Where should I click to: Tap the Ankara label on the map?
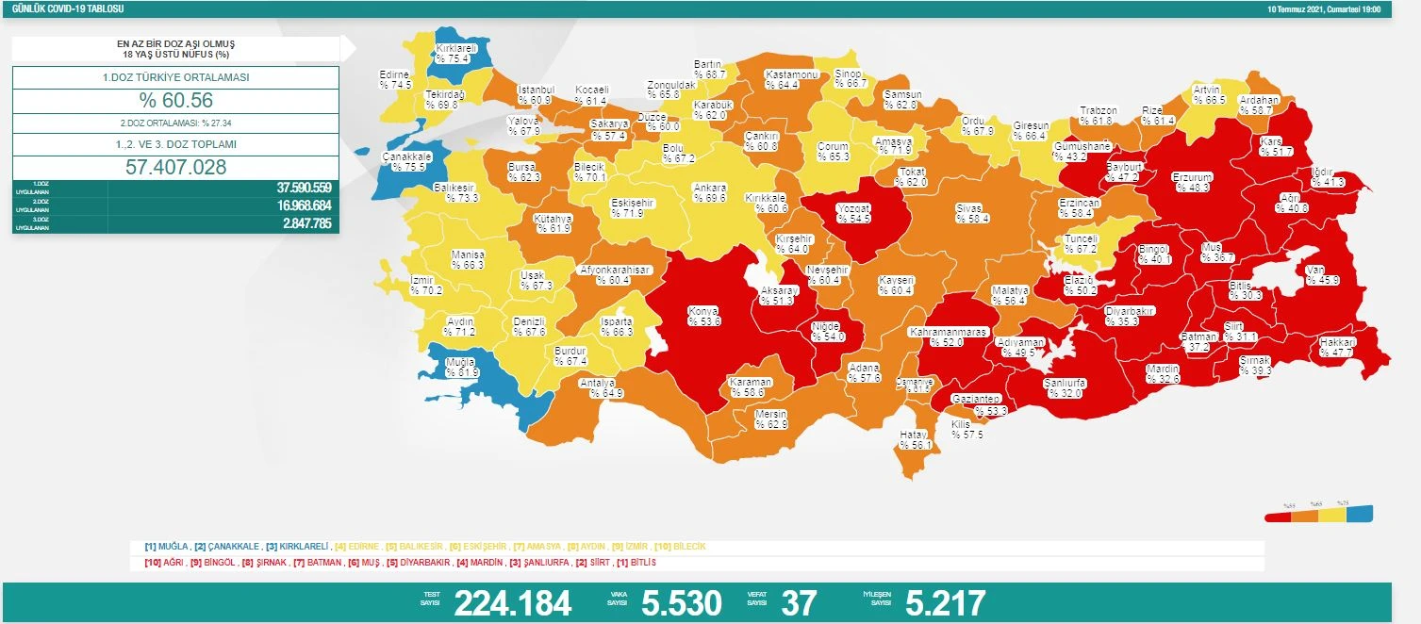point(708,192)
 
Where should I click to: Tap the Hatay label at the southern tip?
point(915,439)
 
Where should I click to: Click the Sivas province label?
point(971,213)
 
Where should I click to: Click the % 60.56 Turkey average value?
point(175,101)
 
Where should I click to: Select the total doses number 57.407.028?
point(175,167)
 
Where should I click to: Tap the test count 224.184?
point(512,602)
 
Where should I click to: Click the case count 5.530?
point(681,602)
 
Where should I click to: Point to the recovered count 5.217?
point(945,602)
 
